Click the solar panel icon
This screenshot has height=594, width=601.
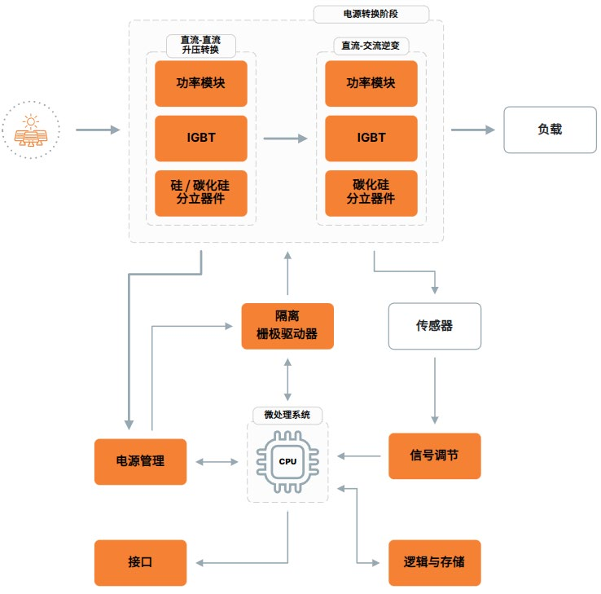coord(31,130)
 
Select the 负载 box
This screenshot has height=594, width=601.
coord(550,130)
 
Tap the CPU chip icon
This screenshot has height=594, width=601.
coord(287,461)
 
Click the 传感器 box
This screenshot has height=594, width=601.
coord(434,326)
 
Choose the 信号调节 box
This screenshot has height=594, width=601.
coord(434,455)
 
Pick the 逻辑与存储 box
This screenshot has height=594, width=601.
coord(434,562)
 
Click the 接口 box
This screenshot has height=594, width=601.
coord(140,562)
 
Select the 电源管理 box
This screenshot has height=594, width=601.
coord(140,461)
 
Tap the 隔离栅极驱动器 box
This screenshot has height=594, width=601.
coord(287,326)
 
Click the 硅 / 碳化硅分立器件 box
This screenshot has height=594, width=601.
coord(200,193)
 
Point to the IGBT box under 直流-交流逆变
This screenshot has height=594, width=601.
coord(371,138)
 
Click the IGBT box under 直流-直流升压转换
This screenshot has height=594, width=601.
coord(200,138)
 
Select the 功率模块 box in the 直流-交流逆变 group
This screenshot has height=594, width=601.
coord(371,83)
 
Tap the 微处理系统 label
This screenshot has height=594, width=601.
coord(287,414)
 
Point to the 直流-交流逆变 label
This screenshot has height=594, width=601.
coord(371,46)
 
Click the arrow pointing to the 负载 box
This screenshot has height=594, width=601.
coord(472,130)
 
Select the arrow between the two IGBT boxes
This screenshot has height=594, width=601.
coord(285,139)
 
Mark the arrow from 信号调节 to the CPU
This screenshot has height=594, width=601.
coord(359,455)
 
